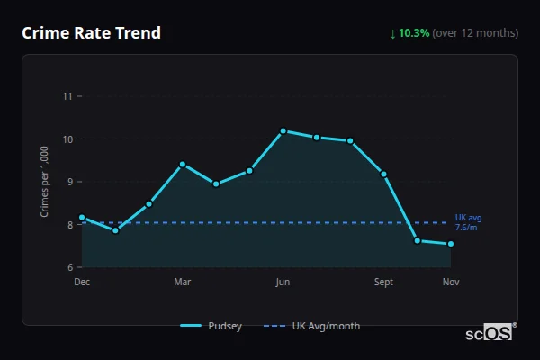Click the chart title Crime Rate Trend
pyautogui.click(x=91, y=33)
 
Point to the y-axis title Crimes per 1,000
pyautogui.click(x=45, y=182)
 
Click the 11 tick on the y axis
pyautogui.click(x=67, y=96)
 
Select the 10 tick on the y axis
pyautogui.click(x=67, y=139)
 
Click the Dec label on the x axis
pyautogui.click(x=82, y=283)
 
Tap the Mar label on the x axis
pyautogui.click(x=183, y=283)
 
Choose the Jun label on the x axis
pyautogui.click(x=283, y=283)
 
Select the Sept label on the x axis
pyautogui.click(x=384, y=283)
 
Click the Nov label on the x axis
pyautogui.click(x=451, y=283)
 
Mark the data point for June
pyautogui.click(x=283, y=131)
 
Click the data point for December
pyautogui.click(x=82, y=217)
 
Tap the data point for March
pyautogui.click(x=183, y=165)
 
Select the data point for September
pyautogui.click(x=384, y=174)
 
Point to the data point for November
pyautogui.click(x=451, y=244)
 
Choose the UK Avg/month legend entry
pyautogui.click(x=312, y=326)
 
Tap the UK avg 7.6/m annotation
pyautogui.click(x=469, y=222)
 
